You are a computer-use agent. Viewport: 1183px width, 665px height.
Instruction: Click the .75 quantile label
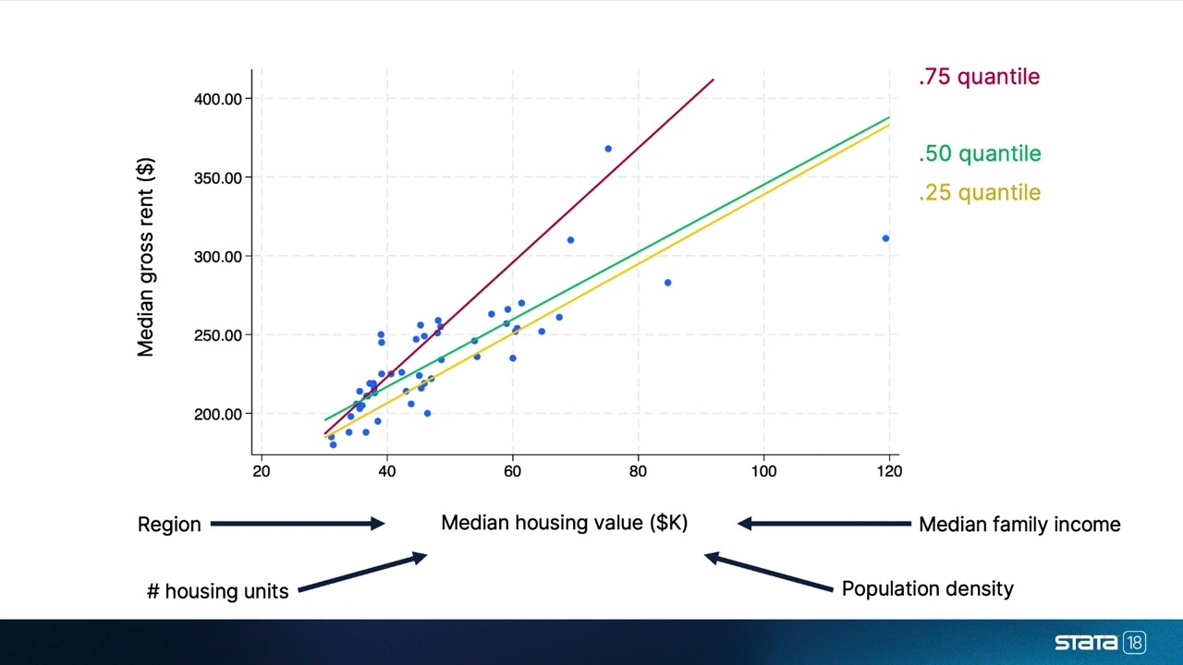point(979,78)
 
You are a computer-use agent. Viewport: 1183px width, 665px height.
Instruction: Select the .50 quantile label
point(979,154)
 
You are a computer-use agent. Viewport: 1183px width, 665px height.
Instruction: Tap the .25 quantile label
point(979,193)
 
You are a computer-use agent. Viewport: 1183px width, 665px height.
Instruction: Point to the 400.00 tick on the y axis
point(217,99)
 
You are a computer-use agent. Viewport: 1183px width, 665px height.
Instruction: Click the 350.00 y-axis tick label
point(217,177)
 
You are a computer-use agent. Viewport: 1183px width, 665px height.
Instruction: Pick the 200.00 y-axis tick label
point(217,414)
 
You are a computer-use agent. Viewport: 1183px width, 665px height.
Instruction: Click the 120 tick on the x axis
point(889,471)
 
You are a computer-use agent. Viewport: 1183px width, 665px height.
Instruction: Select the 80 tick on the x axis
point(638,471)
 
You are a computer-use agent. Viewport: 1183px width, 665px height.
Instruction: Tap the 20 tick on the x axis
point(262,471)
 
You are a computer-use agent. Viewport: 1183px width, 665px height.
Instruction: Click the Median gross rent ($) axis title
point(146,257)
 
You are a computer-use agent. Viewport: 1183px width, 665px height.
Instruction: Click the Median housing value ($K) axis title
point(564,523)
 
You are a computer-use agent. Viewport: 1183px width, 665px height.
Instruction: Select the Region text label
point(169,525)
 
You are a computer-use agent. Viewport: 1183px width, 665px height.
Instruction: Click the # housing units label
point(217,591)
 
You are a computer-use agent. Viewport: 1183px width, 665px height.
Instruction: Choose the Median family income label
point(1018,525)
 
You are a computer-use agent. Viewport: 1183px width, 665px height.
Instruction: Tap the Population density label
point(927,589)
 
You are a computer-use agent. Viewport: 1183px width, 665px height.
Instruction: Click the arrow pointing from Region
point(297,524)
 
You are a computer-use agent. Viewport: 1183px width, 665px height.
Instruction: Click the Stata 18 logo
point(1100,643)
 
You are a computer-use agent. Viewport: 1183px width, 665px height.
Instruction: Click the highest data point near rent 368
point(608,149)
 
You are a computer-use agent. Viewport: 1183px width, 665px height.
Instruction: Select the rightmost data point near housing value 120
point(885,238)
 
